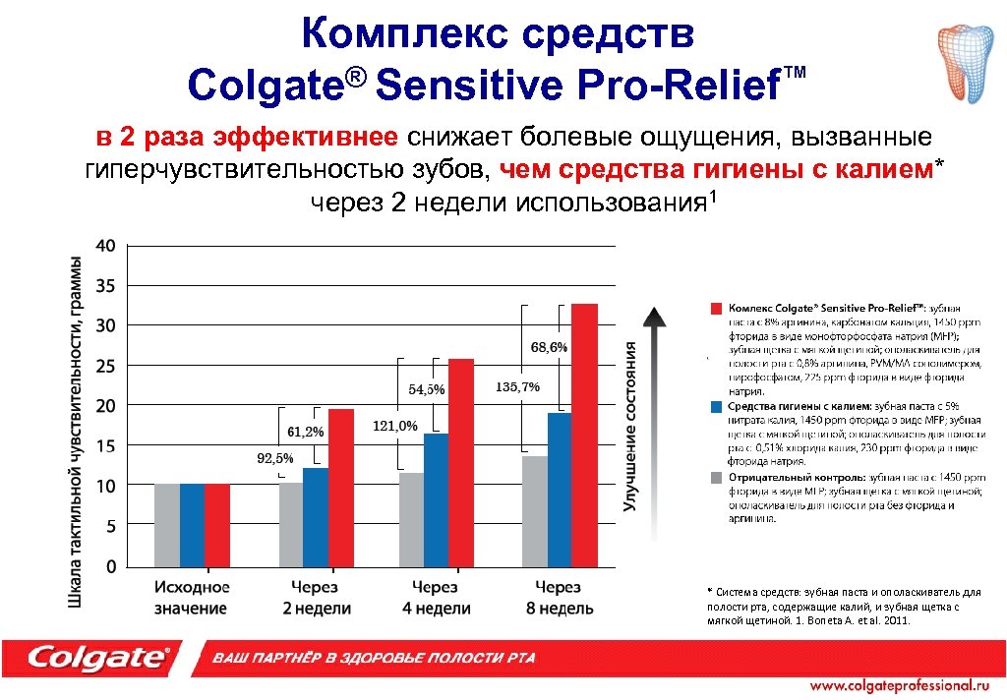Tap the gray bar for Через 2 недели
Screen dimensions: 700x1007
291,524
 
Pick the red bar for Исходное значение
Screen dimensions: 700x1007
217,525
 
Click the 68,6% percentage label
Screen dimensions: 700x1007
549,347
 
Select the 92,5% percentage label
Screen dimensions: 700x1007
275,458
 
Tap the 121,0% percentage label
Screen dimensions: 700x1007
395,426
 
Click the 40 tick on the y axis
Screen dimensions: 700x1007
105,245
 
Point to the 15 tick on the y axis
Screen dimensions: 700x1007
105,445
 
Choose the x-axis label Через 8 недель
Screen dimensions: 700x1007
559,598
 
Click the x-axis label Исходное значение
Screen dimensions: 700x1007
192,598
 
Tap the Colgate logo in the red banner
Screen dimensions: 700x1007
98,657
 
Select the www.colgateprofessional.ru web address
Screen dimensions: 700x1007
898,684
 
